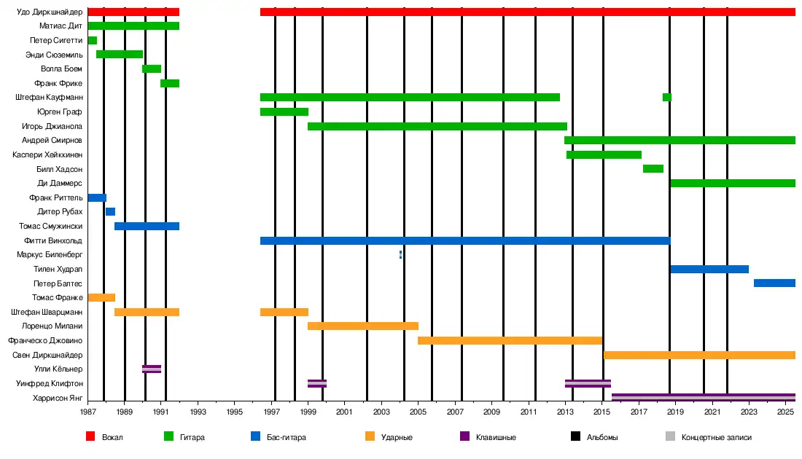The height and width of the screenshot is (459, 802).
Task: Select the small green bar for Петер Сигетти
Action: click(92, 40)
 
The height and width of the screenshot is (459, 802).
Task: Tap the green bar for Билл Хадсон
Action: click(653, 169)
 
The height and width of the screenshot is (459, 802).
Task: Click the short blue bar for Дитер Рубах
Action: click(110, 212)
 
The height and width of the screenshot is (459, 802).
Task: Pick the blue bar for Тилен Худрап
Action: click(709, 270)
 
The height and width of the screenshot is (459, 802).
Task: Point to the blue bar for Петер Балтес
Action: click(774, 283)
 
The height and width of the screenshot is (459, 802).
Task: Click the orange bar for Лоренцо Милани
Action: click(362, 326)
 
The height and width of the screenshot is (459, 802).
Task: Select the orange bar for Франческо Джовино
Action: click(510, 340)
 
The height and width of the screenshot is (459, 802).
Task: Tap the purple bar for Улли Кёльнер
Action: click(152, 369)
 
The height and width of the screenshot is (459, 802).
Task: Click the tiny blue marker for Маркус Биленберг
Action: click(400, 255)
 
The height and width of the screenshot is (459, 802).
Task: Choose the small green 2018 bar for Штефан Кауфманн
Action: click(666, 98)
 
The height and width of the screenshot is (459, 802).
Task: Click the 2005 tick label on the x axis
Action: click(418, 412)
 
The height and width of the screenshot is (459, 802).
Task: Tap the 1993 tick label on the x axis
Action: click(198, 412)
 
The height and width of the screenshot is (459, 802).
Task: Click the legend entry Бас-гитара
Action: click(285, 437)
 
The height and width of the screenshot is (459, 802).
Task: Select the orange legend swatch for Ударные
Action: click(370, 437)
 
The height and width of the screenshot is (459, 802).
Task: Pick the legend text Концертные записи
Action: click(716, 437)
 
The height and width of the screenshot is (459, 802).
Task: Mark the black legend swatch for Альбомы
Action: click(575, 437)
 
